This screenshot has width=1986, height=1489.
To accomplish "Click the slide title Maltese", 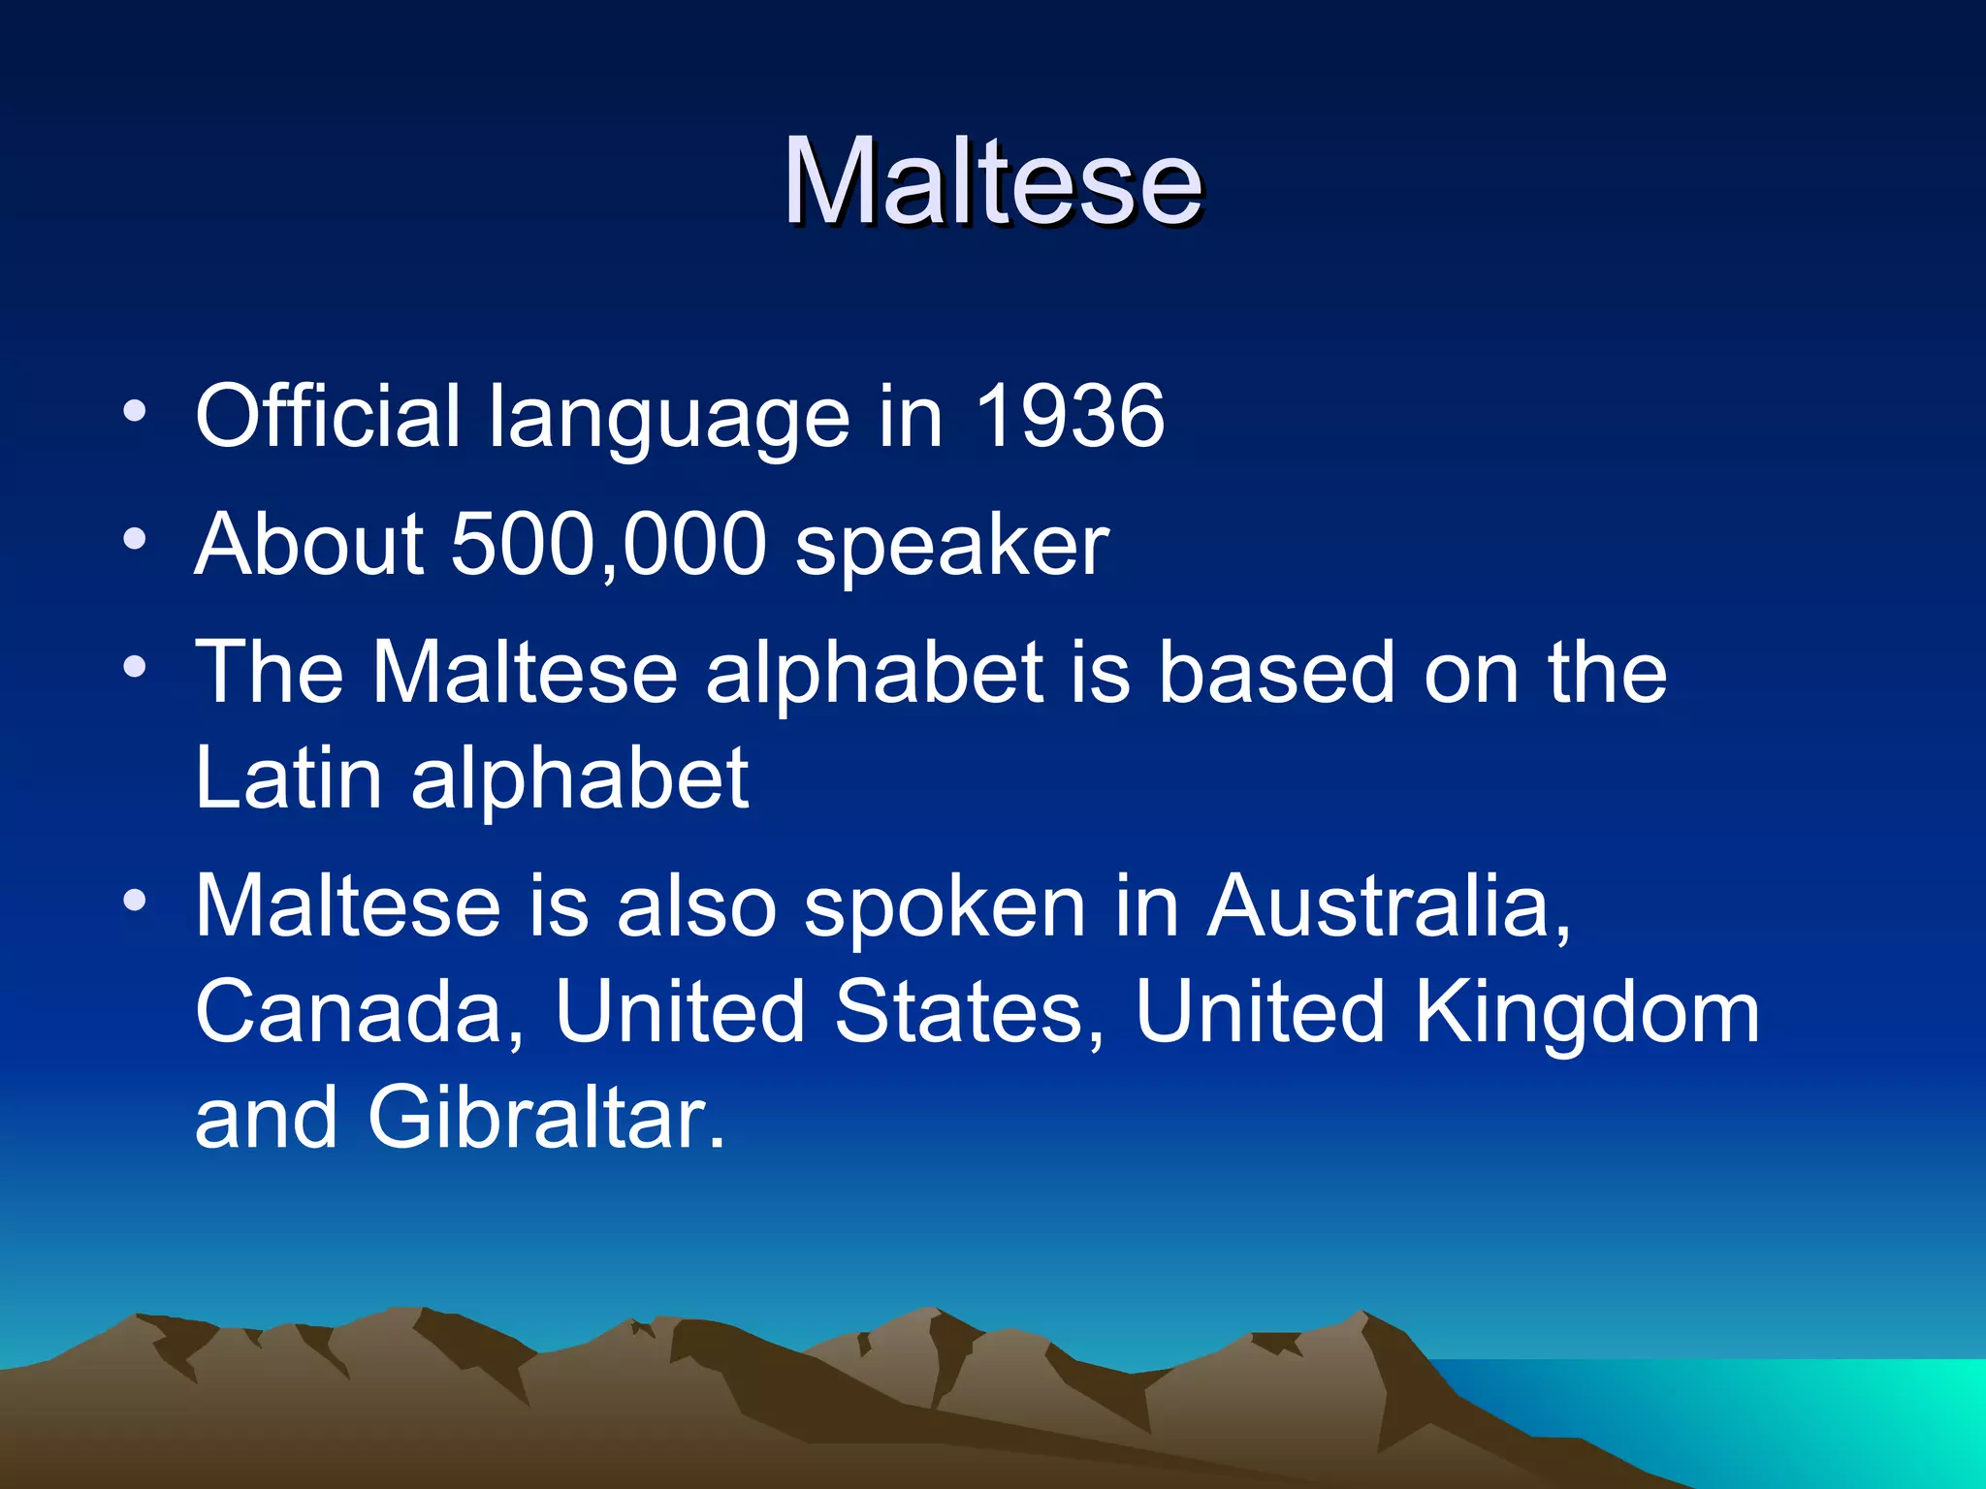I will pyautogui.click(x=993, y=181).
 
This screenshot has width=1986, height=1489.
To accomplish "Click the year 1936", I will pyautogui.click(x=1069, y=416).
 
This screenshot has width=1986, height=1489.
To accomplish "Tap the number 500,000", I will pyautogui.click(x=609, y=544).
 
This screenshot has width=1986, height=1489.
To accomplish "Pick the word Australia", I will pyautogui.click(x=1388, y=905).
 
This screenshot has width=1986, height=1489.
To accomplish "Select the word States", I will pyautogui.click(x=969, y=1012).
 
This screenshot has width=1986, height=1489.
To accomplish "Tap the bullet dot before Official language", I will pyautogui.click(x=135, y=411).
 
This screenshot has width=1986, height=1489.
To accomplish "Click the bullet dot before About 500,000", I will pyautogui.click(x=135, y=539).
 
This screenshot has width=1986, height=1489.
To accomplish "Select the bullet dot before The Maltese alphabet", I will pyautogui.click(x=135, y=667).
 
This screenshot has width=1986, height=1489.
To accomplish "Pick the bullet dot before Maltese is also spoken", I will pyautogui.click(x=135, y=901).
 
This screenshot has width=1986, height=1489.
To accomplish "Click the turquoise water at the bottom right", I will pyautogui.click(x=1842, y=1406).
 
